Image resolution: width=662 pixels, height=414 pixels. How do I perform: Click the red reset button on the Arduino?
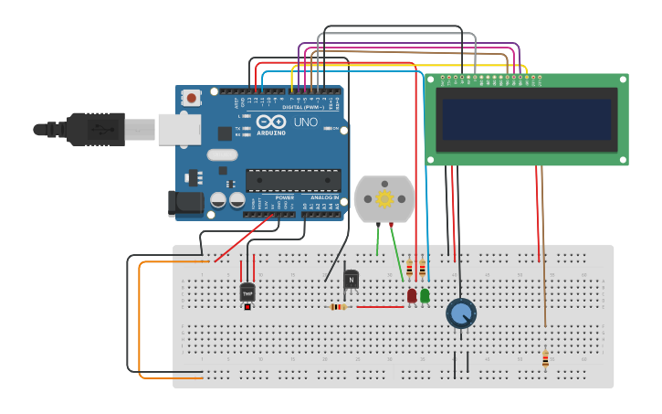point(192,97)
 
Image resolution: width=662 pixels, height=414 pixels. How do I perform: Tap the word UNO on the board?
point(305,122)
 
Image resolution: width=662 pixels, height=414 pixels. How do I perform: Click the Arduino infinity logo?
point(272,122)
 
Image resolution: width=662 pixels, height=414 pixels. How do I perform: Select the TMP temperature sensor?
point(247,293)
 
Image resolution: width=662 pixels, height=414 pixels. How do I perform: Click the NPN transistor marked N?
point(351,279)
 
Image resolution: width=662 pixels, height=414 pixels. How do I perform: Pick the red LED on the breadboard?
point(412,295)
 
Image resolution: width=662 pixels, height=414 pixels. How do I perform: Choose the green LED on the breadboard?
point(425,295)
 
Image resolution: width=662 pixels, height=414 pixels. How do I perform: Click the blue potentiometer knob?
point(461,313)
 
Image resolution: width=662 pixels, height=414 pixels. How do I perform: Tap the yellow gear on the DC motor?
point(384,198)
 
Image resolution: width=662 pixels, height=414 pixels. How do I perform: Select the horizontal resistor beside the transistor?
point(338,307)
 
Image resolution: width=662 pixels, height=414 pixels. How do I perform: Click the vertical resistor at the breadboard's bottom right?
point(545,359)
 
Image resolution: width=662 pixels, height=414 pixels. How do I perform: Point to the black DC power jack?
point(184,204)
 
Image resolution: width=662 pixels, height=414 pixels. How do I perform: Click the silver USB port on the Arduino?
point(179,130)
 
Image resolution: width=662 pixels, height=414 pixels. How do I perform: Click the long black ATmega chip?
point(293,180)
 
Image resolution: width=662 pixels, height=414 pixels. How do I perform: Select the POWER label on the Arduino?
point(285,197)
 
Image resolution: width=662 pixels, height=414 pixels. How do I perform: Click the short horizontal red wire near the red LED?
point(379,307)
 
